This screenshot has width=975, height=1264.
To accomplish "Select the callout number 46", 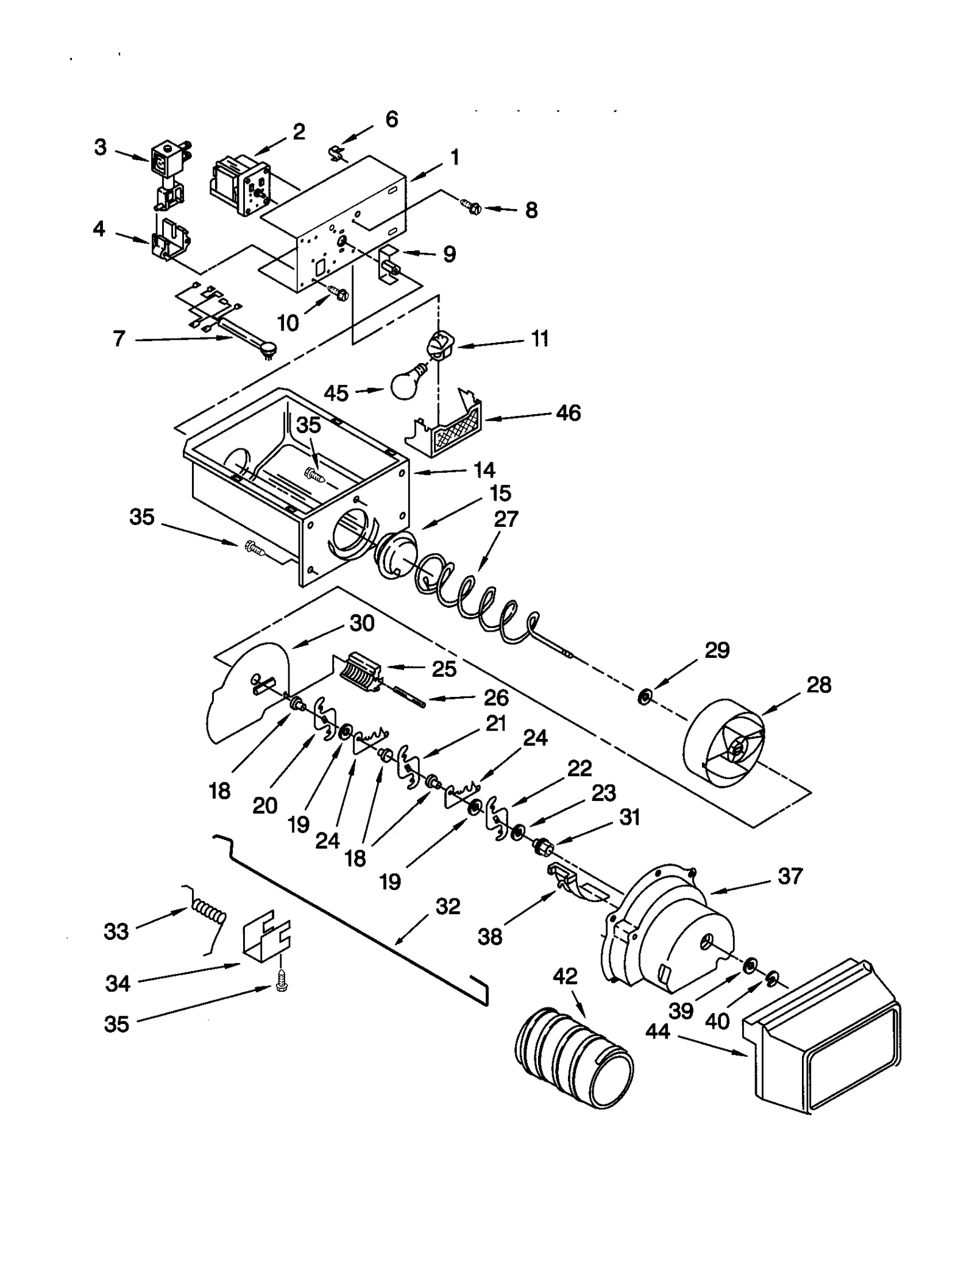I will click(567, 413).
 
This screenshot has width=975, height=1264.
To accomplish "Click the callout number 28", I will click(818, 685).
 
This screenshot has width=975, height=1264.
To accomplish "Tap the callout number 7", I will click(119, 338).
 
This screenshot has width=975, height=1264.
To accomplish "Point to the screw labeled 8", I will click(472, 208).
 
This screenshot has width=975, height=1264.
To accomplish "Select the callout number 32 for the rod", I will click(448, 906).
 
